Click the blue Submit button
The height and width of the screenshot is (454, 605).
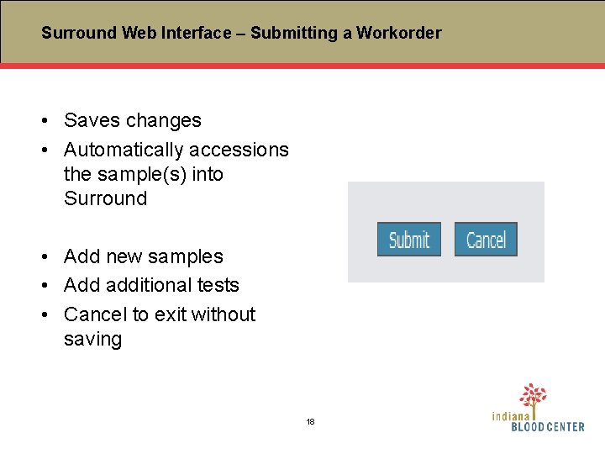click(408, 240)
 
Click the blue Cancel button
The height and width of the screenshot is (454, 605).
click(486, 240)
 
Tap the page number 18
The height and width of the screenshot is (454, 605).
click(310, 421)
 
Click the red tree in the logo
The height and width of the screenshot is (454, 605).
click(533, 395)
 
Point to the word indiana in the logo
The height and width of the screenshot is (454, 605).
click(511, 415)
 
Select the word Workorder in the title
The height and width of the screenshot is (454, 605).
click(398, 34)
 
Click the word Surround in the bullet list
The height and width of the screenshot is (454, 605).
click(105, 199)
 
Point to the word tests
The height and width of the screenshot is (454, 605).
click(217, 286)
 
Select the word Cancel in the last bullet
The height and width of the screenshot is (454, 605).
click(95, 314)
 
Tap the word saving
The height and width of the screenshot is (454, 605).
click(92, 340)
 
